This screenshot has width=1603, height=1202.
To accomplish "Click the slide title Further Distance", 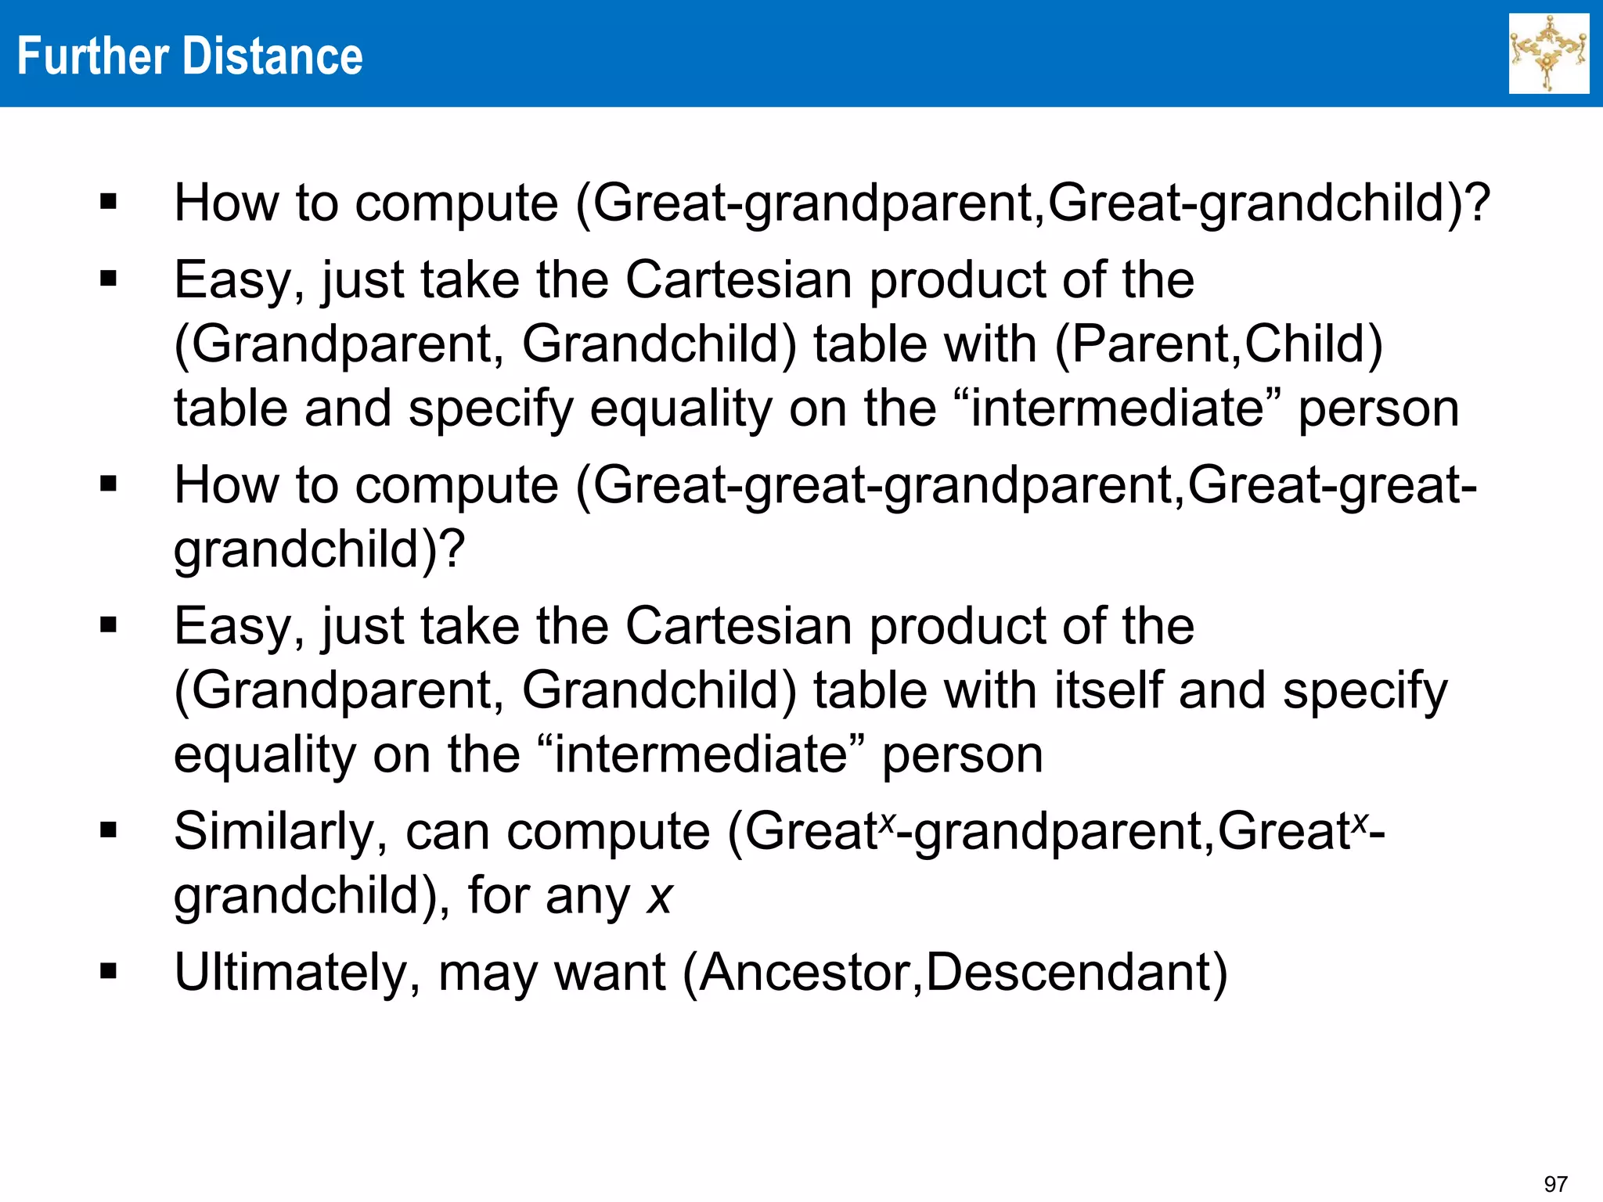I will point(189,56).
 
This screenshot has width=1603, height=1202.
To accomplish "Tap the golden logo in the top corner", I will point(1548,53).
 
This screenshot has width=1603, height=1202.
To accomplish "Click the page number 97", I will point(1554,1184).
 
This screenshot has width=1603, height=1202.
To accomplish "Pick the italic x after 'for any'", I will point(660,896).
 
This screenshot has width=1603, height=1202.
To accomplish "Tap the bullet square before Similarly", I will point(109,830).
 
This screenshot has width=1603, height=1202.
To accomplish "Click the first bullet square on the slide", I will point(109,203).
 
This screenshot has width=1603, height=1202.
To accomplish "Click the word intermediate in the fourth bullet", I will point(701,754).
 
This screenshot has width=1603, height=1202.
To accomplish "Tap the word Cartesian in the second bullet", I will point(738,279).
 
